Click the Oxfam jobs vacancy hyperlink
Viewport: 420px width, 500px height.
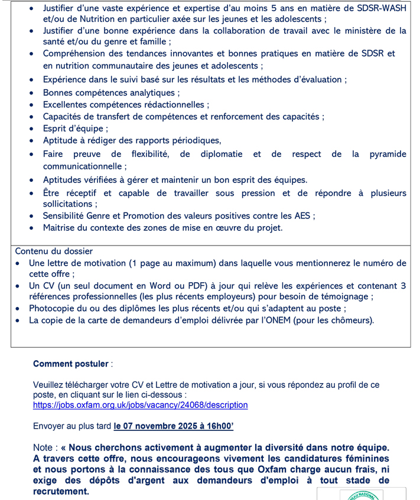[140, 405]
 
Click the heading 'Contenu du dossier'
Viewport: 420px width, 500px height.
[54, 251]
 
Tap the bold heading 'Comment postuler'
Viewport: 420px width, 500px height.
[71, 364]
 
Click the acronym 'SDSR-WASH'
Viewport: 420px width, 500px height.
[381, 9]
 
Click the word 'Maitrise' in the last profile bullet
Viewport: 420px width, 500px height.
[60, 227]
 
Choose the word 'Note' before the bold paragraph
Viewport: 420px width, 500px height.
[43, 448]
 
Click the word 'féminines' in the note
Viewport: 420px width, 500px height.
[367, 459]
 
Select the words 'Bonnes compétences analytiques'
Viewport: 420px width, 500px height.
[109, 93]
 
